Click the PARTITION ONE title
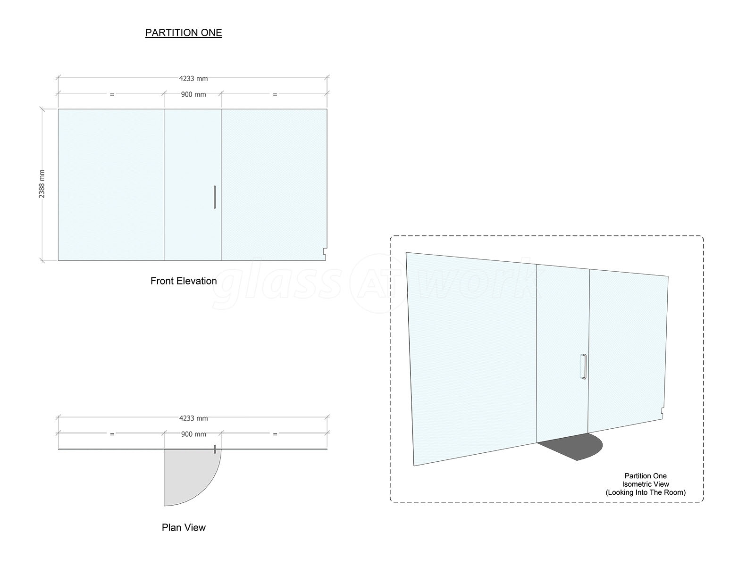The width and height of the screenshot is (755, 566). [x=184, y=33]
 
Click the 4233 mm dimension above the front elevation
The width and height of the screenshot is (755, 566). [x=193, y=79]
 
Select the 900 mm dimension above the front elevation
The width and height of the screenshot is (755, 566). [x=193, y=94]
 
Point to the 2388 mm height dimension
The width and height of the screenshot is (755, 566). [x=42, y=184]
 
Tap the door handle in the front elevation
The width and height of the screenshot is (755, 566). [x=215, y=197]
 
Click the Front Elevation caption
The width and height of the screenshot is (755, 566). [x=184, y=281]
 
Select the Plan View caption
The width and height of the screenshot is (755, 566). [x=184, y=527]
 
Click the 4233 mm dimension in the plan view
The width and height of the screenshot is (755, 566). [x=193, y=418]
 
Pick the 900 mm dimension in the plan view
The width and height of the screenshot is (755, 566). [x=193, y=434]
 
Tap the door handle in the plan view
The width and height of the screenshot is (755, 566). [x=215, y=449]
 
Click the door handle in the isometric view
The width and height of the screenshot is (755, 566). [x=584, y=366]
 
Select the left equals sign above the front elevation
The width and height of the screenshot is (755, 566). [x=112, y=94]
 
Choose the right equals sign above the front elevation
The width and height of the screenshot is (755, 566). [x=275, y=94]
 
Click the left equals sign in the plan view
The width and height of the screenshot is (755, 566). [x=112, y=434]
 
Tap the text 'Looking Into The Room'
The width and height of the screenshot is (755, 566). [x=646, y=492]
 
